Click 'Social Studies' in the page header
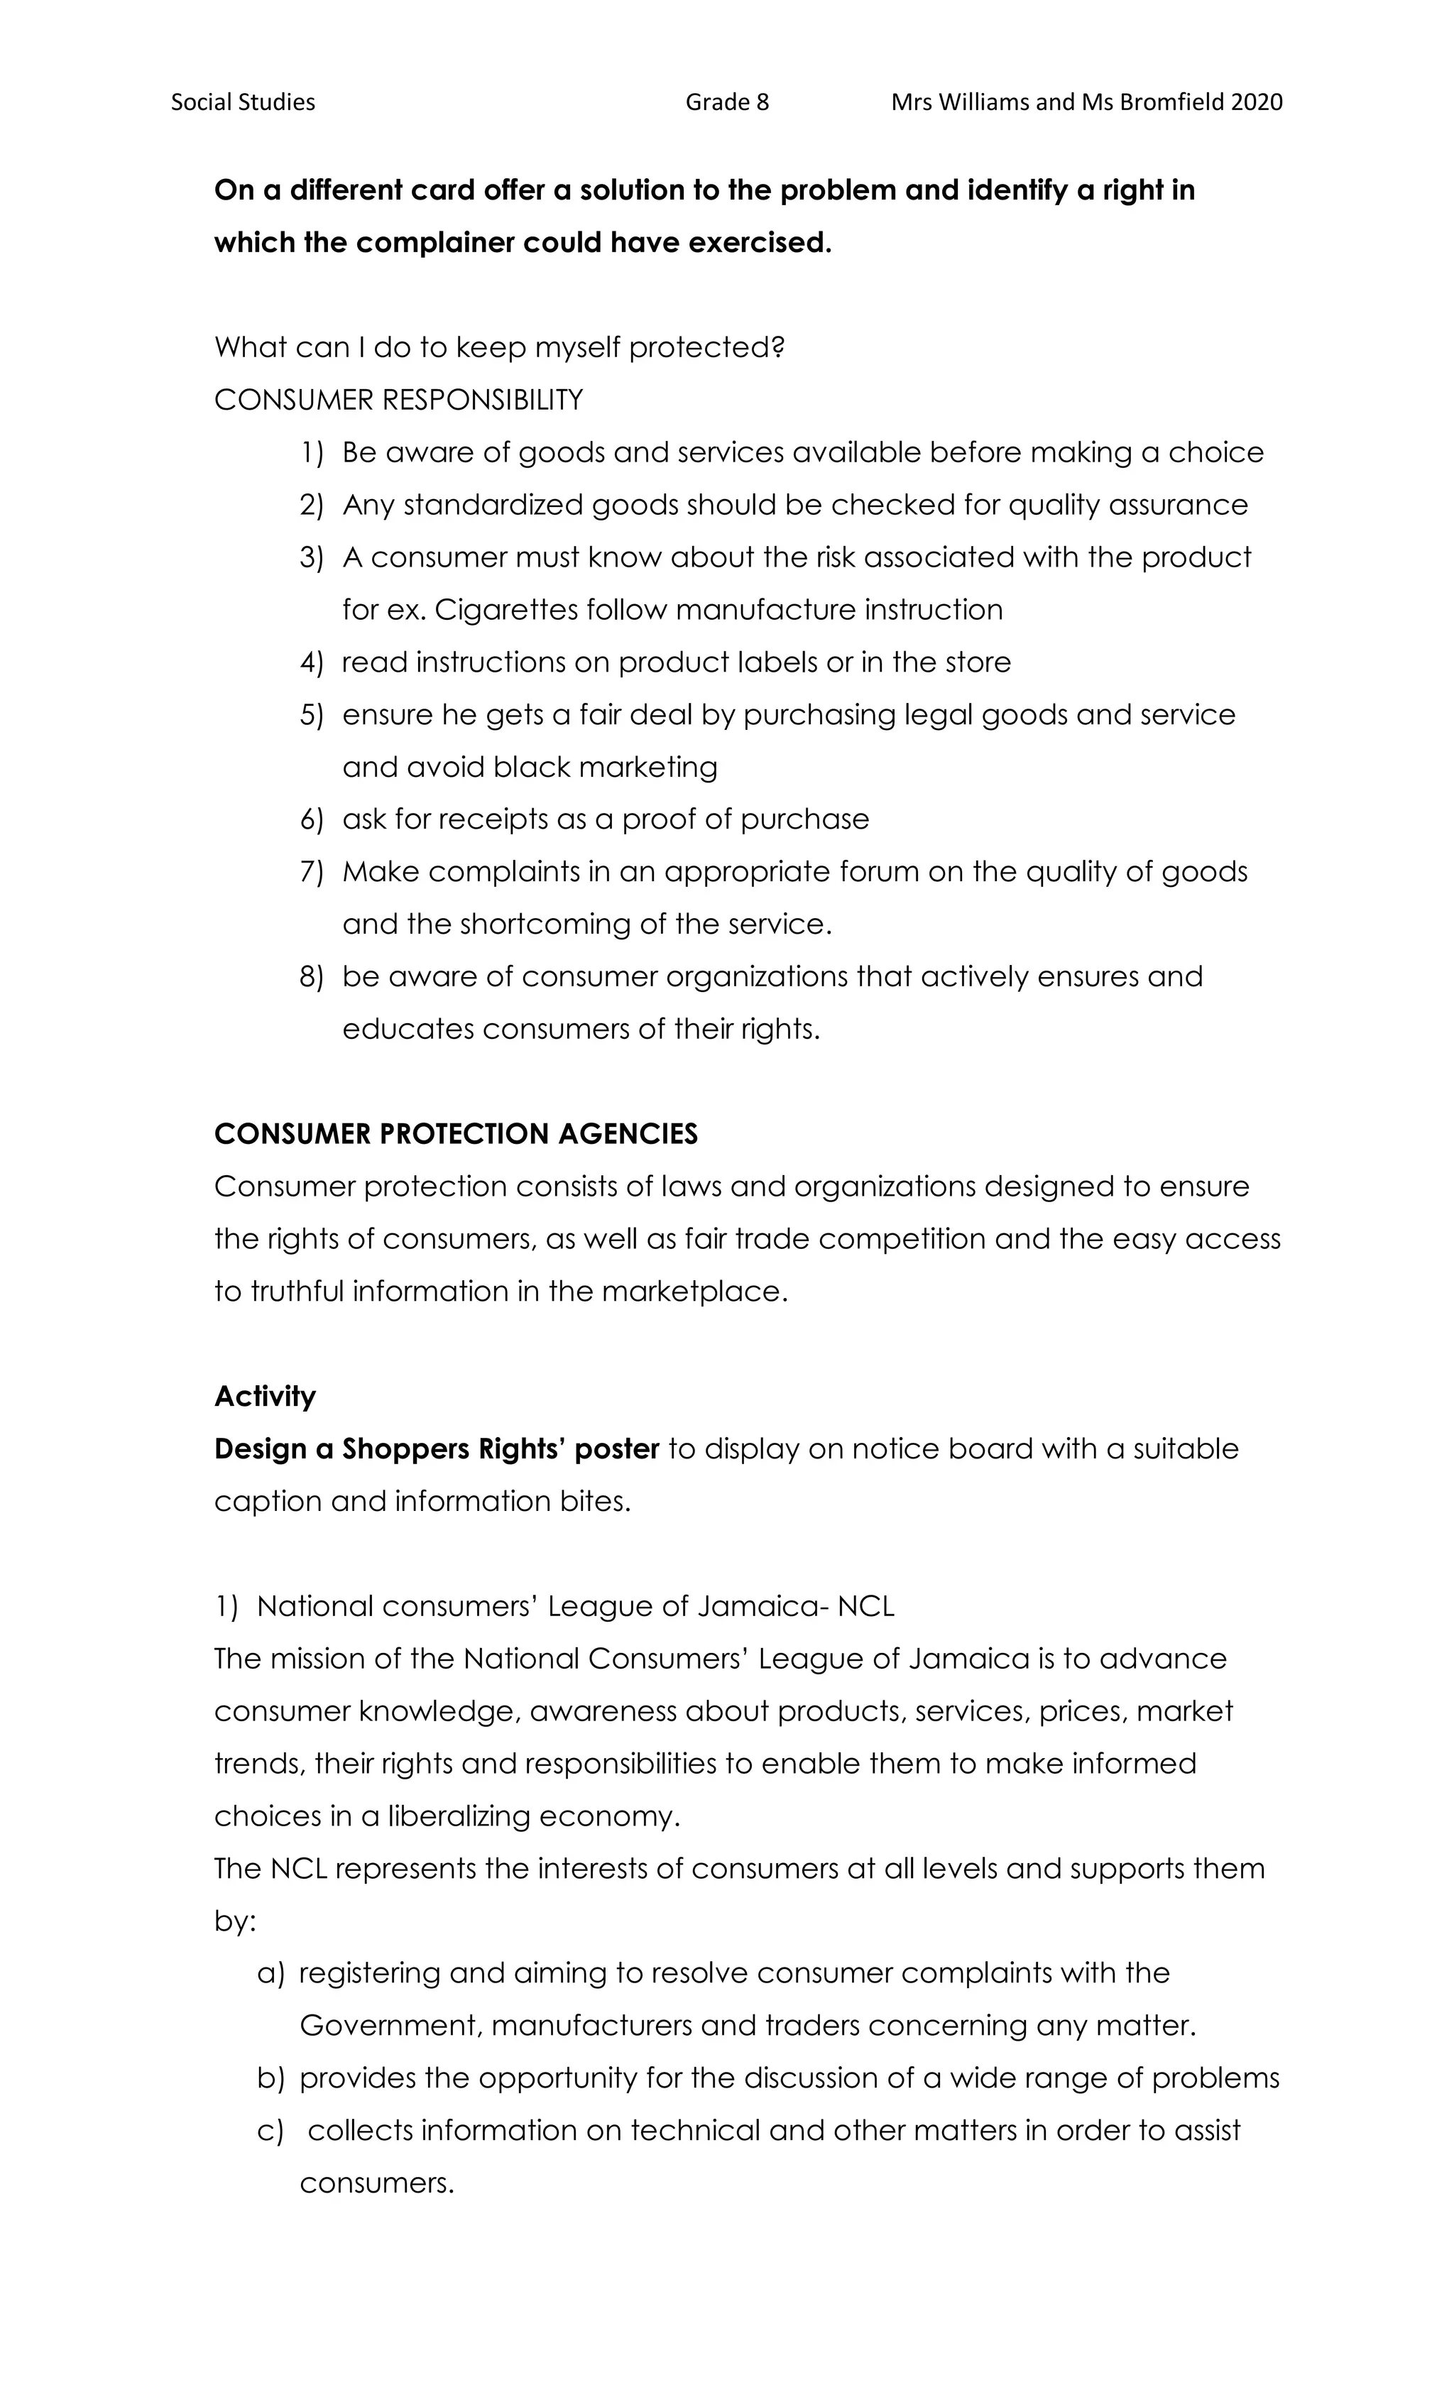pos(243,102)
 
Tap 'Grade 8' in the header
pos(726,102)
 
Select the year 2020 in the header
pos(1256,102)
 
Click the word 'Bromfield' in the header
pos(1171,102)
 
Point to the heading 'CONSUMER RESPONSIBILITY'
pos(398,400)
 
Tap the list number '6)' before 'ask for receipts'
pos(311,819)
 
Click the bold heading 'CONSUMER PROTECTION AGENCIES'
pos(456,1135)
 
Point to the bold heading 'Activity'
pos(264,1397)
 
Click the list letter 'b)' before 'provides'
pos(270,2078)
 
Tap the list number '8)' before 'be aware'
pos(311,977)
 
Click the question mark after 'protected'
pos(777,347)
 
